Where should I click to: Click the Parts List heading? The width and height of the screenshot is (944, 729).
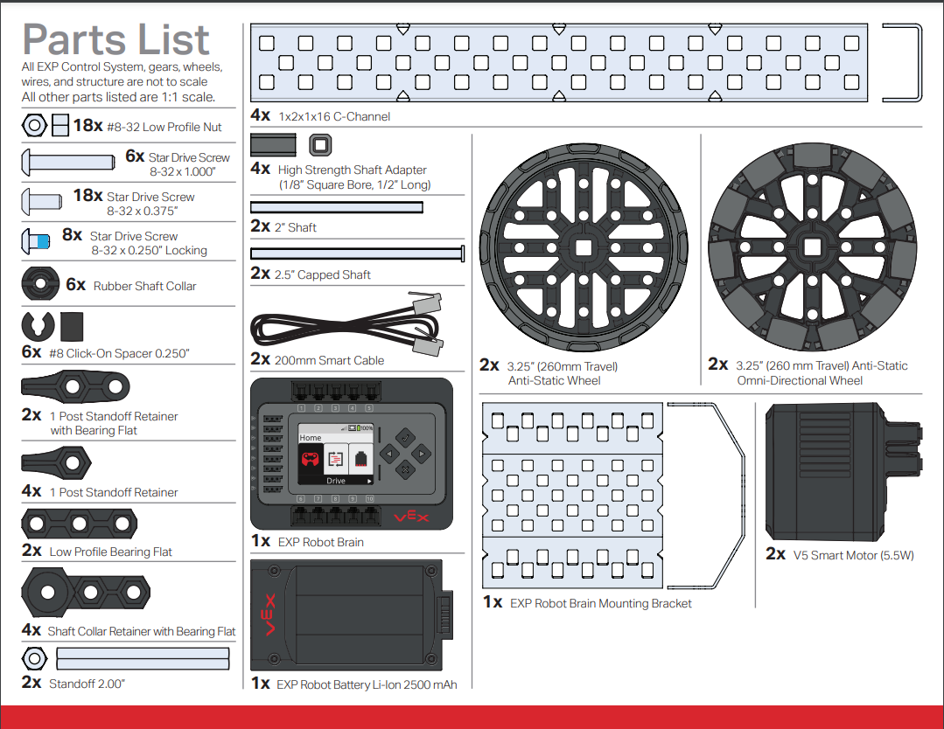(116, 39)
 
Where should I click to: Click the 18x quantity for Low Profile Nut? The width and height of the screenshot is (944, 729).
(88, 126)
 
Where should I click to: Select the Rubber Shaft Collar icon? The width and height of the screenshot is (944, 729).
(38, 284)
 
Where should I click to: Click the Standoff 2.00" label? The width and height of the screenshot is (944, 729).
(87, 683)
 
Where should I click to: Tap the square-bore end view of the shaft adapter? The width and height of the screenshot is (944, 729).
(319, 144)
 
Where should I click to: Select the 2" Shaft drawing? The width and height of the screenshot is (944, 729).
(337, 207)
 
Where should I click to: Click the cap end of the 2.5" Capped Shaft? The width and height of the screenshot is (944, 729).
(461, 253)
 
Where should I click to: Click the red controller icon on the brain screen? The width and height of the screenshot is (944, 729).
(311, 459)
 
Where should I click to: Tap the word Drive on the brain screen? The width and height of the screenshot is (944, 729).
(336, 481)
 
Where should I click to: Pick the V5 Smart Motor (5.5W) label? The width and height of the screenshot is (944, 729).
(853, 554)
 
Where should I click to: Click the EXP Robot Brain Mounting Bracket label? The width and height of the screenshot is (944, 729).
(601, 603)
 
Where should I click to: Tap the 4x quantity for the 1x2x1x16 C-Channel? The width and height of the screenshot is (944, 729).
(260, 115)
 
